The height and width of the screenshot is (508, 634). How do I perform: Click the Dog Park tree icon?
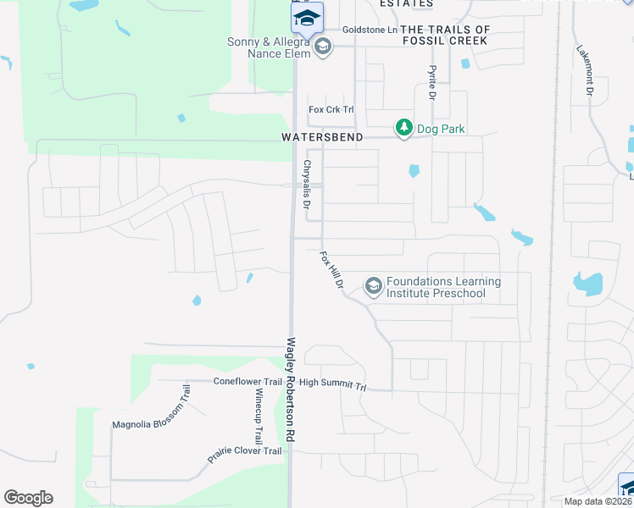[x=403, y=128]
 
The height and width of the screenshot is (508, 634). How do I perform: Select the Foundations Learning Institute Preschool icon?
[x=373, y=287]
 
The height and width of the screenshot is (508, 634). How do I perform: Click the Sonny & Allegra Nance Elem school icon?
[x=322, y=47]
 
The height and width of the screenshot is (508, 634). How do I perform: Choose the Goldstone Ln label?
[x=370, y=30]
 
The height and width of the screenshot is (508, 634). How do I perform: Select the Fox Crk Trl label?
[x=331, y=110]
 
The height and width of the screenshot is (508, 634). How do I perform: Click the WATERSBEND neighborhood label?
[x=322, y=137]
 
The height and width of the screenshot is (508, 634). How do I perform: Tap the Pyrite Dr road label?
[x=431, y=83]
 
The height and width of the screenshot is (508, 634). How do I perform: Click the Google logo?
[x=28, y=498]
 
